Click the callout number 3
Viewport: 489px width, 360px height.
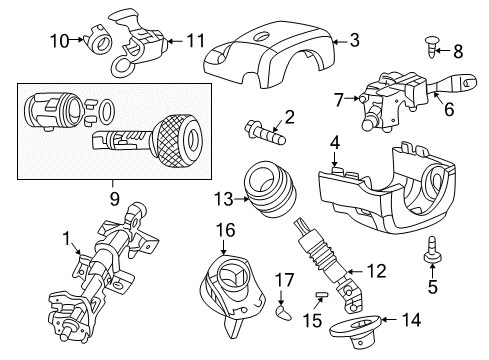(353, 40)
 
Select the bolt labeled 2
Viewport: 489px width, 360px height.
(266, 128)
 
